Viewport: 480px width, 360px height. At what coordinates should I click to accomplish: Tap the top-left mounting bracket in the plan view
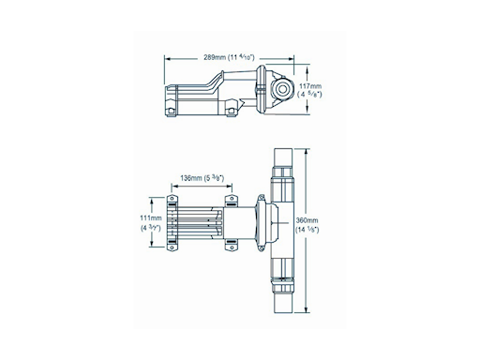(172, 201)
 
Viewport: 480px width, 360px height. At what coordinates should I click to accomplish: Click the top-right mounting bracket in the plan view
(231, 200)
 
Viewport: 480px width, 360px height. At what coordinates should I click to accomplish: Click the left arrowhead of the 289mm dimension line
(167, 57)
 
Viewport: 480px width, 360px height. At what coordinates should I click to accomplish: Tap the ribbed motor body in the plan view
(197, 222)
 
